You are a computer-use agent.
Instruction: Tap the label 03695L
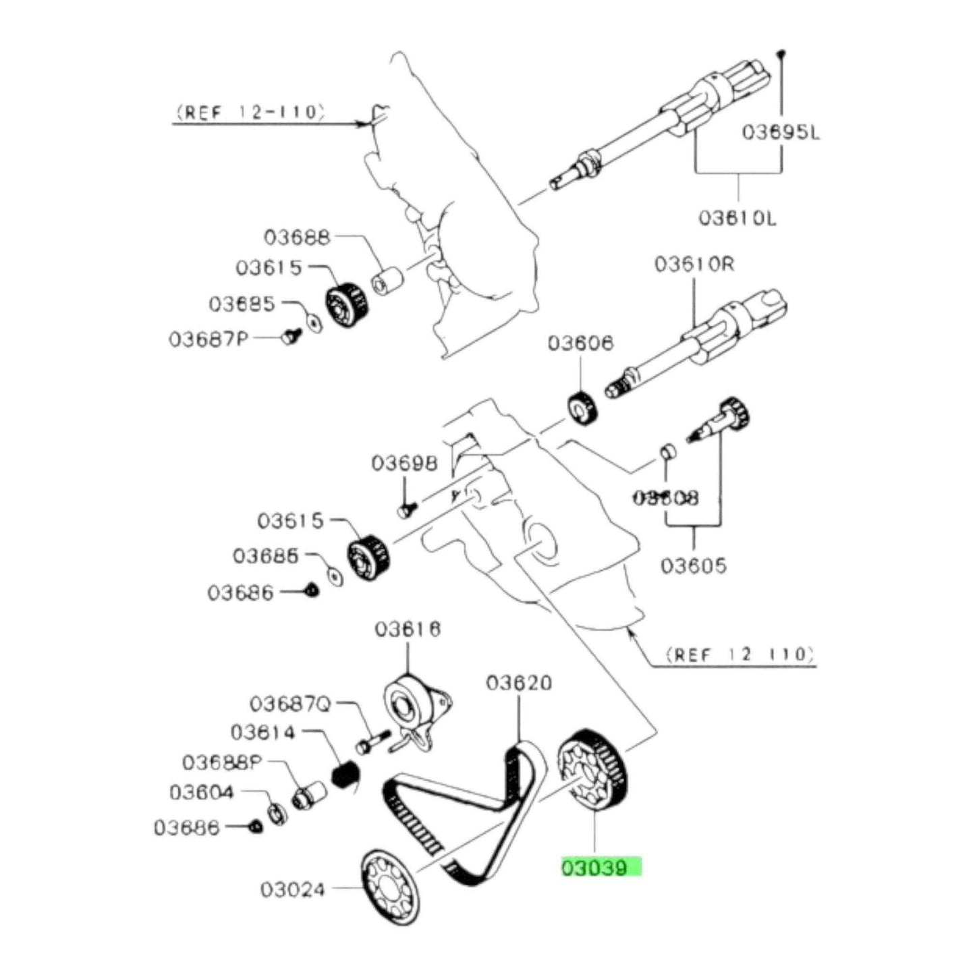781,132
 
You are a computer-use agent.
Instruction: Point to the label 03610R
694,264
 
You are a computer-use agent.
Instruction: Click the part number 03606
580,343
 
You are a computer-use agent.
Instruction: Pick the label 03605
694,565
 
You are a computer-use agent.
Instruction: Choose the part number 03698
404,464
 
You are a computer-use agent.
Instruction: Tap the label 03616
408,630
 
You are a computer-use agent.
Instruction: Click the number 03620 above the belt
519,684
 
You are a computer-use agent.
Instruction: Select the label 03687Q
291,704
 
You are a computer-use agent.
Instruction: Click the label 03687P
208,338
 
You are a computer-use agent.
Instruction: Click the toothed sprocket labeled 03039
594,776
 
